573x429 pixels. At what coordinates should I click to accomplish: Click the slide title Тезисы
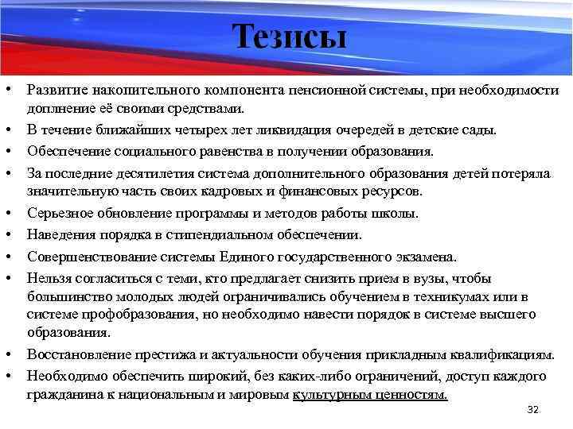click(290, 37)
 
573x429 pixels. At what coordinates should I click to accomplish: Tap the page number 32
click(533, 410)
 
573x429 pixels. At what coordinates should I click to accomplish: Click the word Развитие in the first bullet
click(53, 91)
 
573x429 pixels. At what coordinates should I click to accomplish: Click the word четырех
click(183, 129)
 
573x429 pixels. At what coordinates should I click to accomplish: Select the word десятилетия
click(137, 172)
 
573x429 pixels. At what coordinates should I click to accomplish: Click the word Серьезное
click(57, 214)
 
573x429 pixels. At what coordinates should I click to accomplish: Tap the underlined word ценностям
click(409, 394)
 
